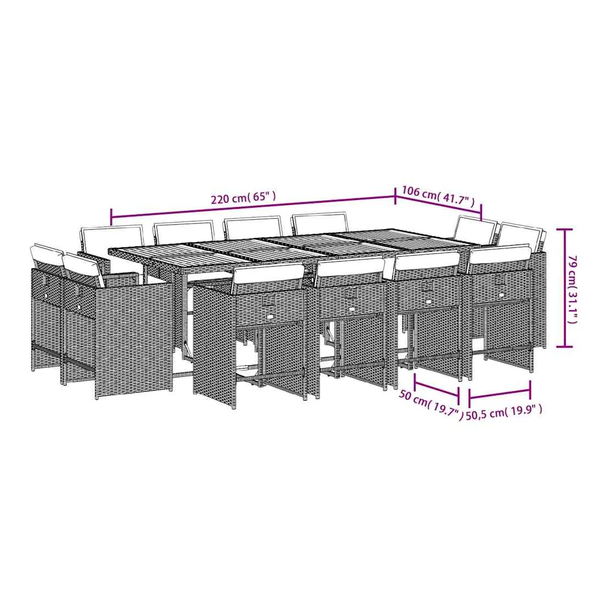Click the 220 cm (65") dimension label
tap(243, 198)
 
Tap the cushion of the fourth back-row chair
tap(321, 224)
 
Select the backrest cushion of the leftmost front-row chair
tap(268, 275)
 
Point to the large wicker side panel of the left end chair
tap(133, 338)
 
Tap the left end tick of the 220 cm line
tap(111, 217)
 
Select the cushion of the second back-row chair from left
tap(184, 232)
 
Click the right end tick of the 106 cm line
tap(481, 211)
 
